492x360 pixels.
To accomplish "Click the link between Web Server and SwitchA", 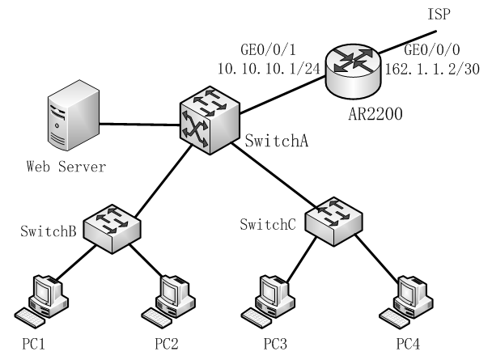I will [x=139, y=124].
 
